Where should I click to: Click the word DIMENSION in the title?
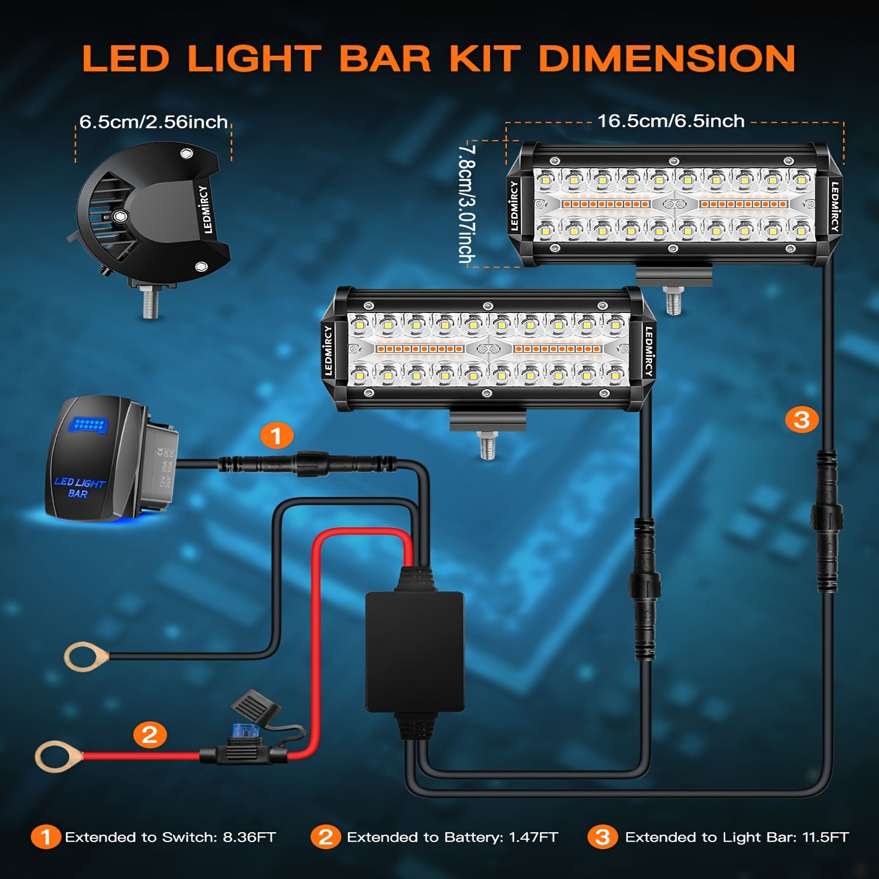click(x=666, y=59)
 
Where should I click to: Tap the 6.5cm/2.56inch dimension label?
click(x=154, y=122)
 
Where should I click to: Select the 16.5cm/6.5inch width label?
click(x=671, y=121)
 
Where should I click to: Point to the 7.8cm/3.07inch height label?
click(x=467, y=203)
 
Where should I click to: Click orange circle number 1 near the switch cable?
click(x=276, y=436)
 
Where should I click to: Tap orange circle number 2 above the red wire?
click(x=150, y=734)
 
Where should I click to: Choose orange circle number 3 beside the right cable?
click(x=801, y=420)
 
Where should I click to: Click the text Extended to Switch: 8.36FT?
click(x=170, y=837)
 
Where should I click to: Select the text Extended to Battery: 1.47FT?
click(x=452, y=837)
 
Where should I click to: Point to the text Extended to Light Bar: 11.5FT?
click(x=737, y=837)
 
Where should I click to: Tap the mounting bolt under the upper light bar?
click(x=674, y=301)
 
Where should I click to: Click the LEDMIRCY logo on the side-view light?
click(x=205, y=209)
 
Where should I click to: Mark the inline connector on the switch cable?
click(x=307, y=464)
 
